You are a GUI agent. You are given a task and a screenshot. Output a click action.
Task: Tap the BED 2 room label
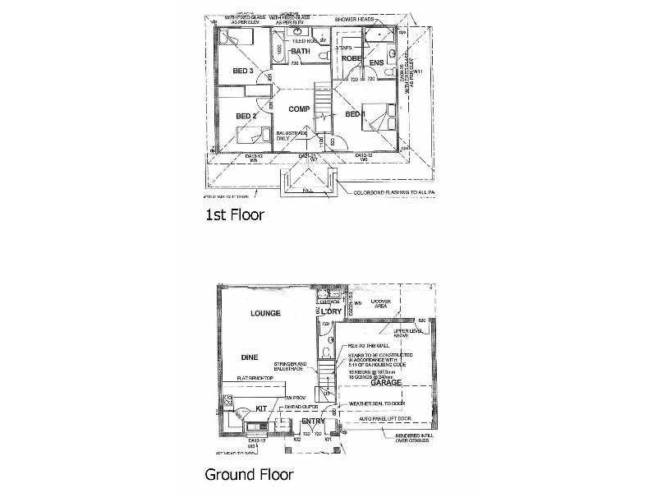[246, 117]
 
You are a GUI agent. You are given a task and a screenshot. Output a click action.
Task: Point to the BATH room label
[301, 52]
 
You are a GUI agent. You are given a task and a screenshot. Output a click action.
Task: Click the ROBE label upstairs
[351, 59]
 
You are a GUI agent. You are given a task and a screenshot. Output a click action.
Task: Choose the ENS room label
[377, 62]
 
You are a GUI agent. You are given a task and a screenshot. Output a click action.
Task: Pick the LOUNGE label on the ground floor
[267, 313]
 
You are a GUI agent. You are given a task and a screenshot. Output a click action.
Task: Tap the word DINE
[250, 358]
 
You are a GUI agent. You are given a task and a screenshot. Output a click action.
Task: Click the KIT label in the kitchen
[263, 408]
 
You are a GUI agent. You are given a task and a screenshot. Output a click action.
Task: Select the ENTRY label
[313, 422]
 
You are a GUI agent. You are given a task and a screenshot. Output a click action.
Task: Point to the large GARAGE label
[385, 383]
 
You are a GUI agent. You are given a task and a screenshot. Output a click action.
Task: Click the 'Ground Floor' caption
[248, 474]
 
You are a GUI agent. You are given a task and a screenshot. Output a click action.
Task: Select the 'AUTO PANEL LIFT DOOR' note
[380, 417]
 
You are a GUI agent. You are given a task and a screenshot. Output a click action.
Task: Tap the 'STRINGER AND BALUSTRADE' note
[290, 366]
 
